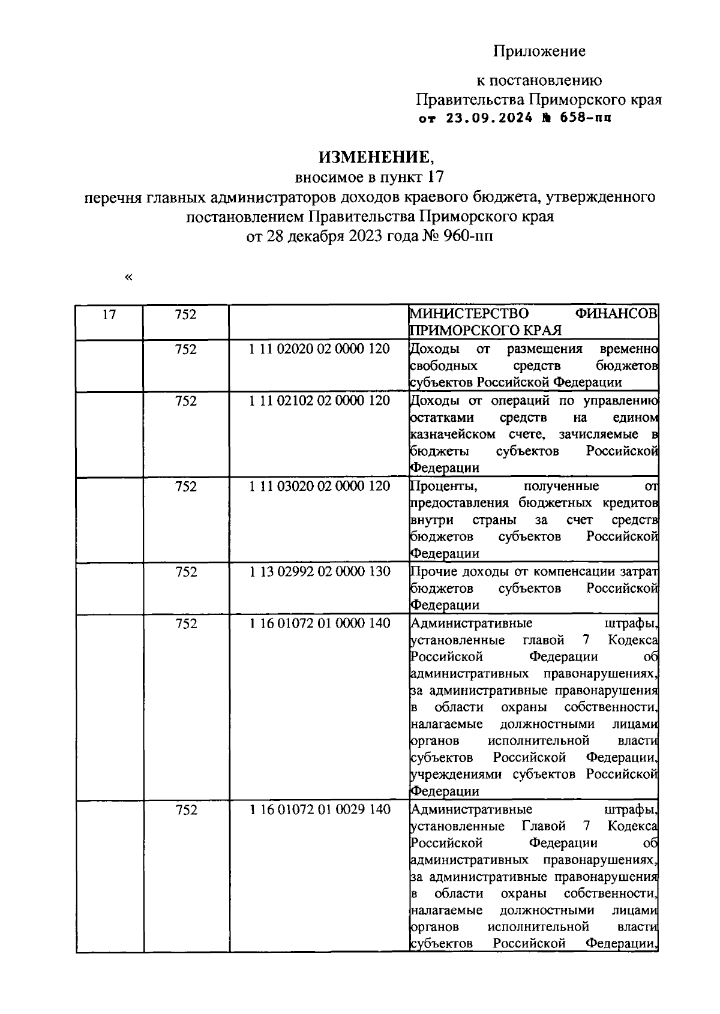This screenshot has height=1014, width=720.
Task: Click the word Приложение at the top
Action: tap(539, 52)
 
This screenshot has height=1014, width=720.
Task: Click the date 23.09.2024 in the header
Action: tap(488, 118)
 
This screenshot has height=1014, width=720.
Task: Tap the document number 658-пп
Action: tap(586, 118)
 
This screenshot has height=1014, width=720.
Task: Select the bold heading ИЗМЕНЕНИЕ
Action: tap(374, 157)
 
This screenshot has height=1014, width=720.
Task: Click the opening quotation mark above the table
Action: tap(127, 277)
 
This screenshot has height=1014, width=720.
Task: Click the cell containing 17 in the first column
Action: tap(109, 314)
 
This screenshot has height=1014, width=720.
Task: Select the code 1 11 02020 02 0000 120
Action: tap(319, 349)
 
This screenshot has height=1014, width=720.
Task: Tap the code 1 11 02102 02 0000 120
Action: tap(319, 401)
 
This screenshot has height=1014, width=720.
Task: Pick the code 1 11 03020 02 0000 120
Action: tap(319, 486)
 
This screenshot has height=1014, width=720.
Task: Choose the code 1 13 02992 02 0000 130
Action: tap(319, 572)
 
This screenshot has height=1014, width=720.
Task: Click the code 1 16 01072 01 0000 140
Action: tap(319, 623)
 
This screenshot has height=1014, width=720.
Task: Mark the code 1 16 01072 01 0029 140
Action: tap(319, 810)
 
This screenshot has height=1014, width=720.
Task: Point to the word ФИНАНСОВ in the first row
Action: tap(616, 314)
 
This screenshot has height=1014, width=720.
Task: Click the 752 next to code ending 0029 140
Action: tap(185, 810)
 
